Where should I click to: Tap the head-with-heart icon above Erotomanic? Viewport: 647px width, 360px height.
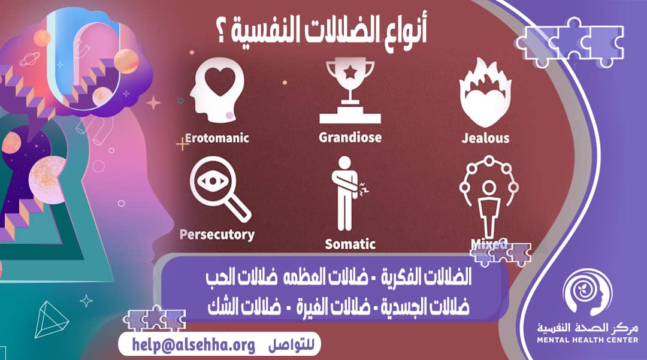tap(216, 93)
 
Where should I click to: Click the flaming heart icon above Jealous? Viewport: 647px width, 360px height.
tap(485, 93)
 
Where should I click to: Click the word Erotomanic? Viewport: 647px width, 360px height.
tap(217, 138)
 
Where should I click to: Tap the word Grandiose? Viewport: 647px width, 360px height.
tap(350, 138)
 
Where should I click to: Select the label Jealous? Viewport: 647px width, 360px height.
tap(485, 138)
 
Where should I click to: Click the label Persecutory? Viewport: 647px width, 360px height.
tap(216, 234)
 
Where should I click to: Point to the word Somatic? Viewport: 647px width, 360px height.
tap(350, 244)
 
